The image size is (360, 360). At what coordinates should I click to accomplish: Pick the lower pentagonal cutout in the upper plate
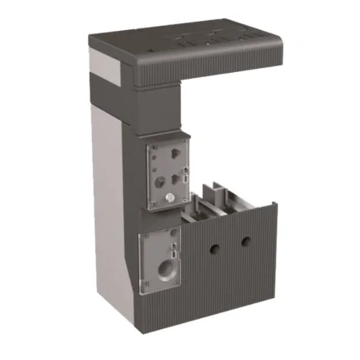pyautogui.click(x=176, y=177)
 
